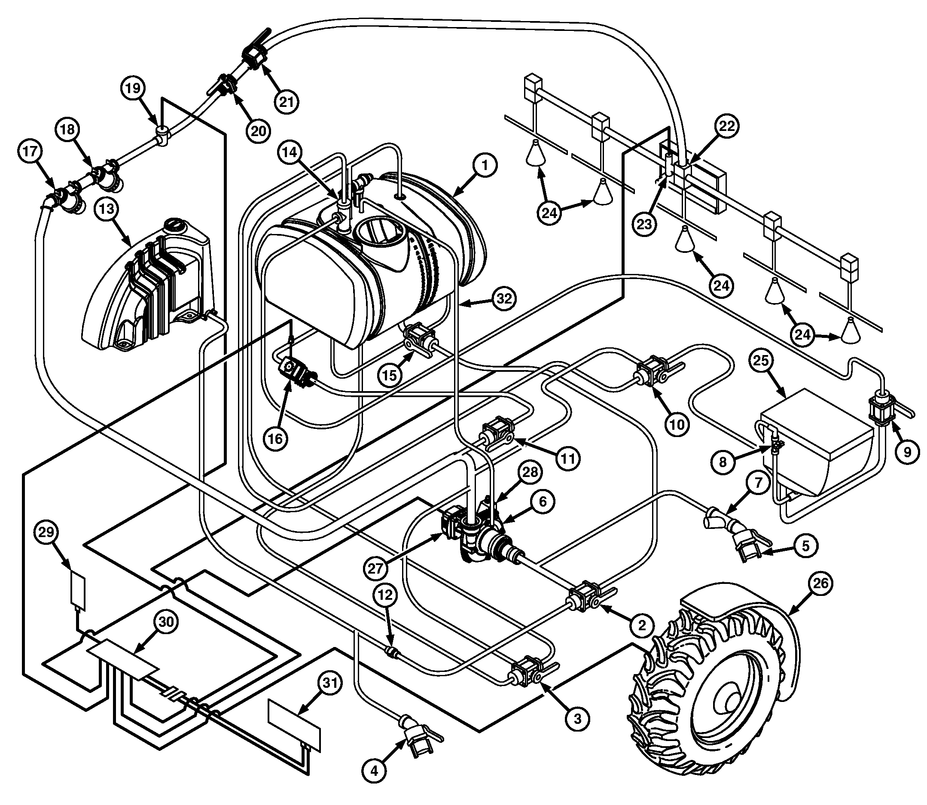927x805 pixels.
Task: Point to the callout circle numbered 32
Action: pos(504,298)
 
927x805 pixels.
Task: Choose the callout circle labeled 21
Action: pos(287,102)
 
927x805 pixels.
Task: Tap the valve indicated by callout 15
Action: pos(420,339)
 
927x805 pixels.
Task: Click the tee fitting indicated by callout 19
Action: pos(162,135)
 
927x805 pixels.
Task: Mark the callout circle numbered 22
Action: pos(726,126)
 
